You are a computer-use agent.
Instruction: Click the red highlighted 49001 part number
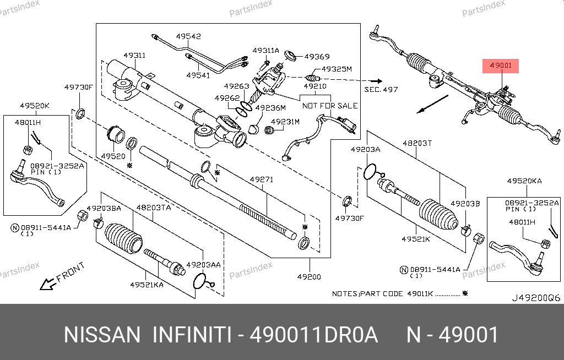point(502,66)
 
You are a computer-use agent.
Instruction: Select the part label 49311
point(134,56)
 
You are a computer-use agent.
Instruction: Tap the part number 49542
point(188,36)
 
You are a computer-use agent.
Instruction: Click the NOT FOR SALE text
point(330,106)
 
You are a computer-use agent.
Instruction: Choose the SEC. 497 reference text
point(381,89)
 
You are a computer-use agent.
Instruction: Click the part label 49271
point(262,179)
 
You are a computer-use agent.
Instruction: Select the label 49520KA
point(524,181)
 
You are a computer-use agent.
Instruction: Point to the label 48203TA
point(154,208)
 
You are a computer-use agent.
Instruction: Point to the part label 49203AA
point(204,265)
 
